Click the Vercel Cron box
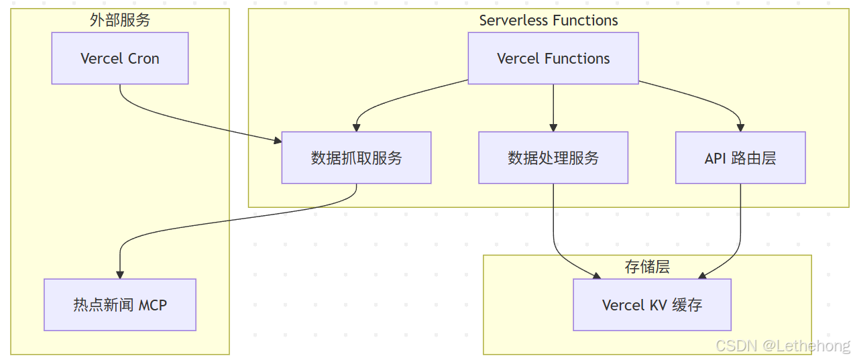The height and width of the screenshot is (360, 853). point(119,58)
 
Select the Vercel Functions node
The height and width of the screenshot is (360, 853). point(553,58)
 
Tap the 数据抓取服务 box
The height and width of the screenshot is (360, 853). point(356,158)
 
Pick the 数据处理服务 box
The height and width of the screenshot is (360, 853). point(553,158)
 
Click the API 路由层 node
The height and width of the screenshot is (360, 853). point(740,158)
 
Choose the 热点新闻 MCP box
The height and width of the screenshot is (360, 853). point(119,305)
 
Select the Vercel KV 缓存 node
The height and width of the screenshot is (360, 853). point(652,305)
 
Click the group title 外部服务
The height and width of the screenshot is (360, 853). point(119,20)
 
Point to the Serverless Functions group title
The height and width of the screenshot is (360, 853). point(549,20)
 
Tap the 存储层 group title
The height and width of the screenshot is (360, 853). point(647,267)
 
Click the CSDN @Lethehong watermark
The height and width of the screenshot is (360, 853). point(783,346)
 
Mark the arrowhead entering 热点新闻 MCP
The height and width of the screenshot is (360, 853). point(120,274)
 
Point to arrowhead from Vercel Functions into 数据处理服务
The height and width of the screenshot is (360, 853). point(553,127)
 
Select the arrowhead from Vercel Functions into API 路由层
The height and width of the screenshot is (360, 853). point(740,127)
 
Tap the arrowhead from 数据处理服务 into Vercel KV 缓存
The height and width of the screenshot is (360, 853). point(596,275)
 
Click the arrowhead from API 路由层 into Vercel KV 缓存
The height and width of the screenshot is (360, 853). point(703,275)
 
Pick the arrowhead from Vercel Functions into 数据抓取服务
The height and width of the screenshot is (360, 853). point(356,127)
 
